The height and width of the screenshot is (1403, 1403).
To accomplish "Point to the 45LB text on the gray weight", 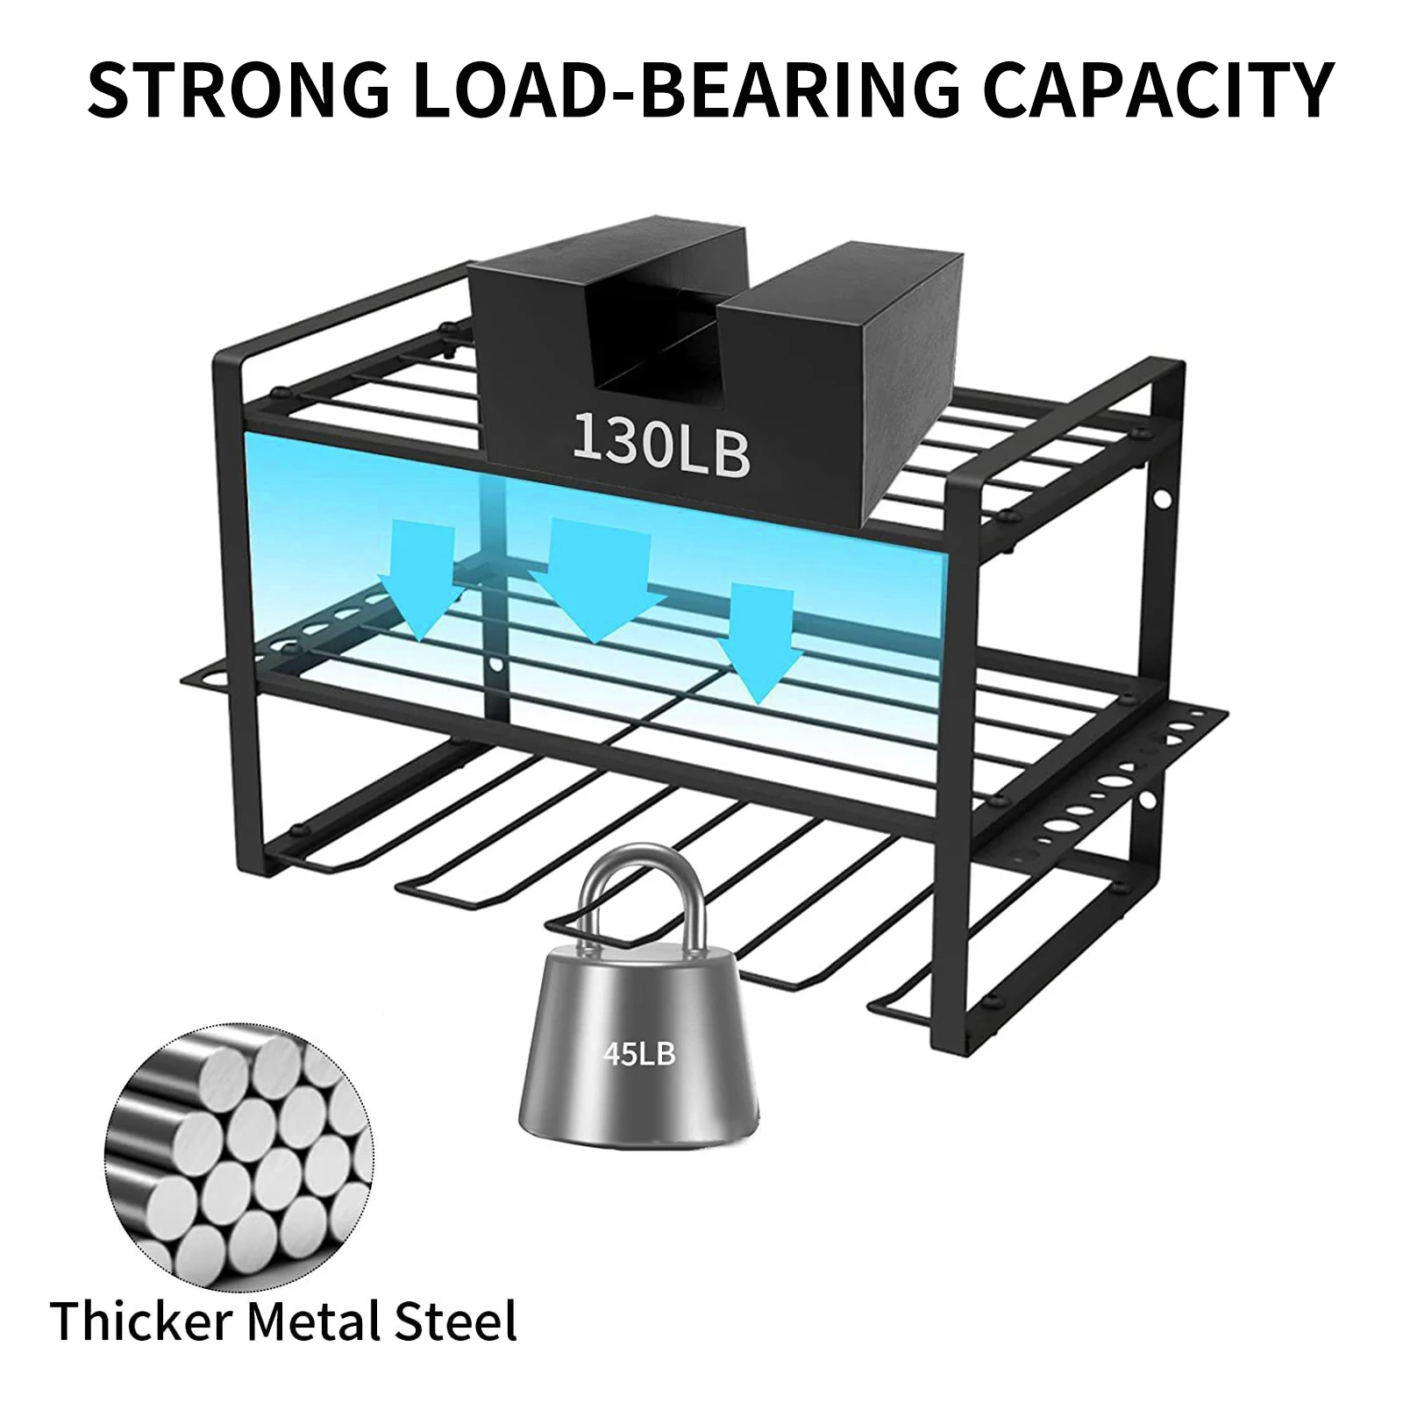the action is coord(639,1053).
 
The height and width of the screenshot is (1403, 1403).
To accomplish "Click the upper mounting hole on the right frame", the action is coord(1163,501).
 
